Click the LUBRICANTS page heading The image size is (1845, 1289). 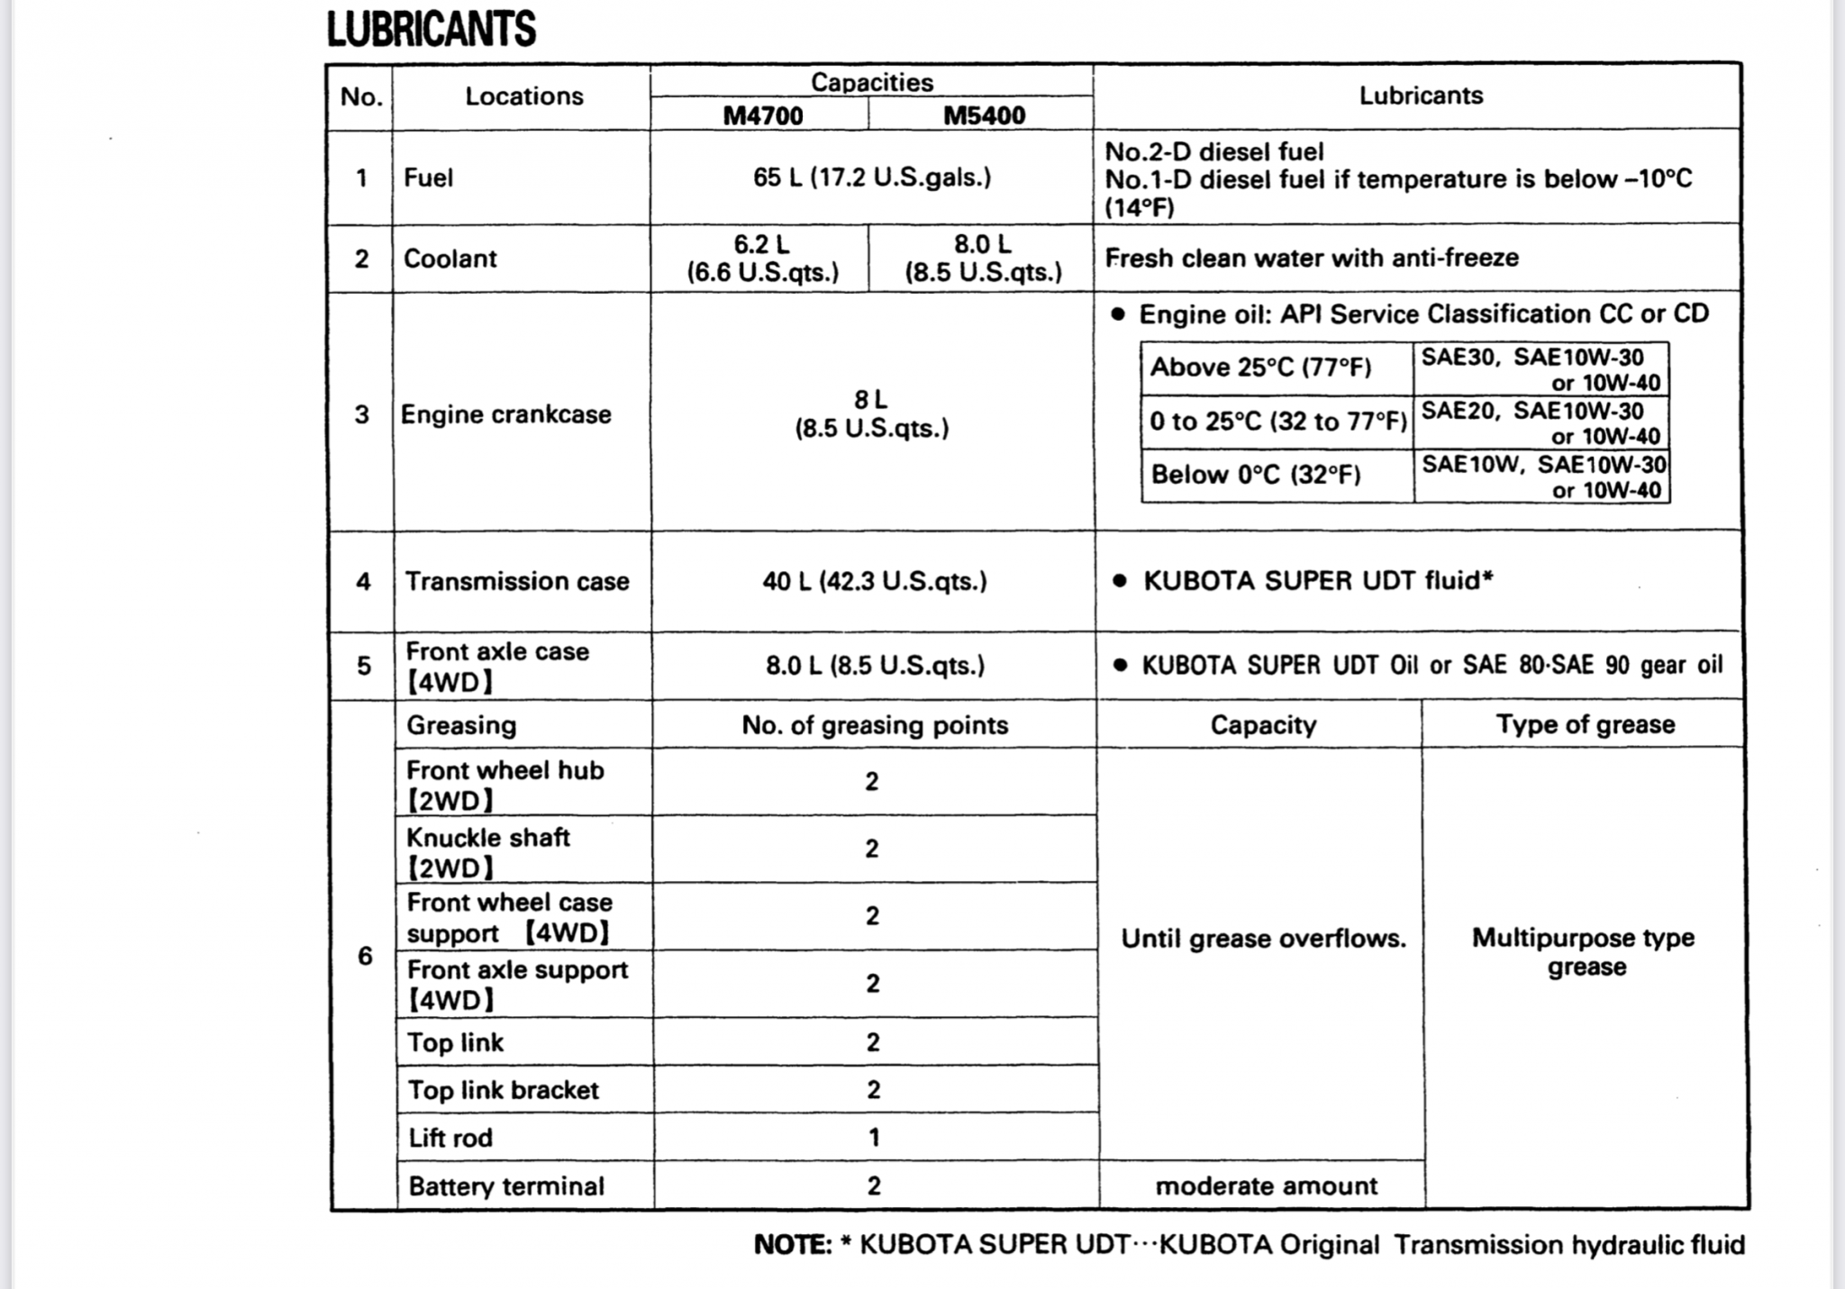tap(431, 29)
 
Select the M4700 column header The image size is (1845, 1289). tap(762, 115)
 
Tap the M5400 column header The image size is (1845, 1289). tap(984, 115)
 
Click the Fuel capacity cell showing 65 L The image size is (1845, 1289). tap(871, 177)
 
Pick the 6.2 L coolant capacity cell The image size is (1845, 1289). tap(762, 259)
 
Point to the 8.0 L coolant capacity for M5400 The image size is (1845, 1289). tap(983, 259)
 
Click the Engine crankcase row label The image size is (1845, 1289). tap(505, 414)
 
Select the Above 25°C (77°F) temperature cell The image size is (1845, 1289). tap(1260, 368)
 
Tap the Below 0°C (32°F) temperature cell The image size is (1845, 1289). tap(1255, 475)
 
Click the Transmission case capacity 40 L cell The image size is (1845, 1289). tap(874, 582)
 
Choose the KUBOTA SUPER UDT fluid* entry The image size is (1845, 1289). tap(1317, 581)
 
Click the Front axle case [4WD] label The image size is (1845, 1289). tap(497, 667)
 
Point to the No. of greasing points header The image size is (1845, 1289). tap(874, 726)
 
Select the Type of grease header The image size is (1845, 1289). tap(1585, 725)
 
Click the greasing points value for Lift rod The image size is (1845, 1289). tap(873, 1138)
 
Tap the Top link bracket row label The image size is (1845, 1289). tap(503, 1091)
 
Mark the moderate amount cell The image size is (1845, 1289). tap(1266, 1186)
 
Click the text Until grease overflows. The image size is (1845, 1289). tap(1263, 940)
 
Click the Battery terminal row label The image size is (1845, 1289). tap(505, 1186)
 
